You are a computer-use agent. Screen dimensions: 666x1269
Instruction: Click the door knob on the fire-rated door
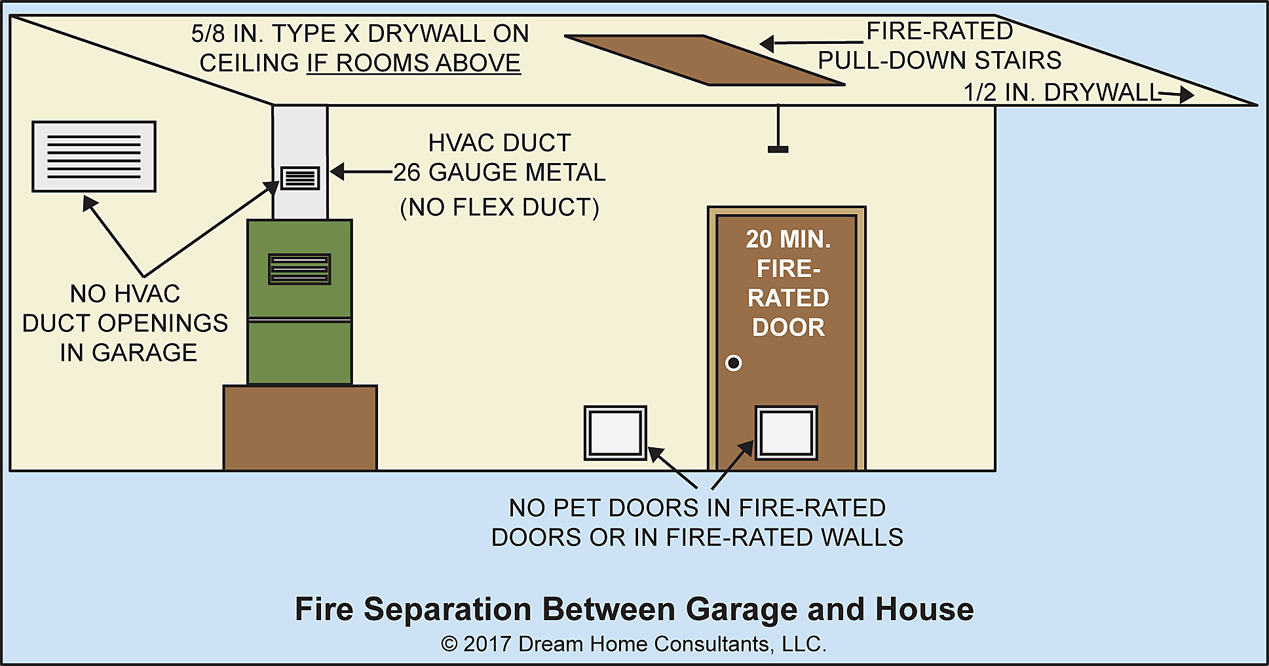pos(734,363)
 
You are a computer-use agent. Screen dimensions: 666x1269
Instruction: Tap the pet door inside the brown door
pos(786,433)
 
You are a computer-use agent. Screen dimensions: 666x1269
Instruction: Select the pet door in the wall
pos(615,433)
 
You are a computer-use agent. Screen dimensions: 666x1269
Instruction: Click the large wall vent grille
pos(94,157)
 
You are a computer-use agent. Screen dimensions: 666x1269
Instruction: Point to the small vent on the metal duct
pos(300,177)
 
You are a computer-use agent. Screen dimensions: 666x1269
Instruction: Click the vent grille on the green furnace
pos(299,268)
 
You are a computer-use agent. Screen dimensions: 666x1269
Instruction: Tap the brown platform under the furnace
pos(300,427)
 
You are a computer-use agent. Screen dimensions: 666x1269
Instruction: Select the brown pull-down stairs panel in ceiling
pos(704,60)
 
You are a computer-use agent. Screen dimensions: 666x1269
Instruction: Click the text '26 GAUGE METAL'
pos(499,172)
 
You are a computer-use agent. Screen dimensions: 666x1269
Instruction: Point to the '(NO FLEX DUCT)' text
pos(499,208)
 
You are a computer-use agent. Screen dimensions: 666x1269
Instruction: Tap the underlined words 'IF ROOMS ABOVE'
pos(413,64)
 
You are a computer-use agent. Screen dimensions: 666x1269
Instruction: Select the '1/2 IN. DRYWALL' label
pos(1061,93)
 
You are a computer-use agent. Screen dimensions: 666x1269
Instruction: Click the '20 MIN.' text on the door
pos(788,240)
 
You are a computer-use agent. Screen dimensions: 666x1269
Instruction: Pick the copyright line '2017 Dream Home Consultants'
pos(634,644)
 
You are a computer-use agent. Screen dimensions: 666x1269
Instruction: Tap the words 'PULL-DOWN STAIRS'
pos(939,60)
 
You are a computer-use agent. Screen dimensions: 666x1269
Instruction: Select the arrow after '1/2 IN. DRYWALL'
pos(1177,94)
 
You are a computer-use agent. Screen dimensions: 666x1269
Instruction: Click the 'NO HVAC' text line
pos(125,294)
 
